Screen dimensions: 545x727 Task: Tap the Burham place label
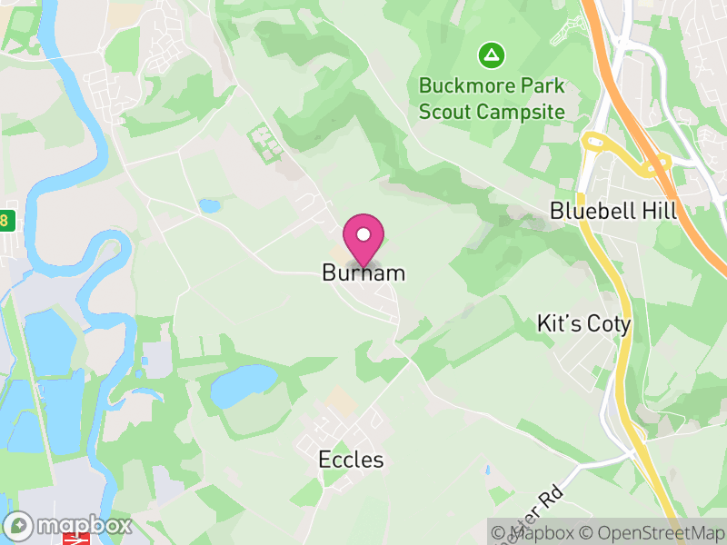click(x=363, y=272)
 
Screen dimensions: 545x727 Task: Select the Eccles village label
click(x=351, y=460)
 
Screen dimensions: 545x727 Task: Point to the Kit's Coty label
click(x=583, y=324)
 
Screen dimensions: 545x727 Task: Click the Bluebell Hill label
click(x=613, y=211)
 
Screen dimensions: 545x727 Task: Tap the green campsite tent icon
click(x=492, y=56)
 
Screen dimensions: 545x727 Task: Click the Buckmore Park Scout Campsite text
click(x=492, y=99)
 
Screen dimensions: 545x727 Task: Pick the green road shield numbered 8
click(x=5, y=220)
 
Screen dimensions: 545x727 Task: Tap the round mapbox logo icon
click(x=20, y=525)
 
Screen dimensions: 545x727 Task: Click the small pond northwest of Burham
click(x=210, y=206)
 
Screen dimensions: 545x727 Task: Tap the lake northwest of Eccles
click(x=243, y=385)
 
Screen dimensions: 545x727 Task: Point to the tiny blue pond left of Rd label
click(x=487, y=471)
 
